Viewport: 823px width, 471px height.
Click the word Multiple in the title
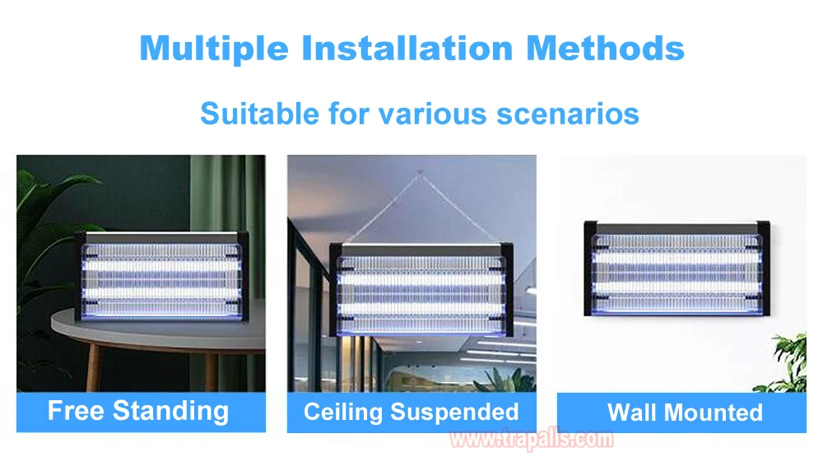tap(214, 49)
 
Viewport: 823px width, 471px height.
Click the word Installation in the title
tap(407, 49)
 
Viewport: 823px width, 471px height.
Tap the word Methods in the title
tap(605, 49)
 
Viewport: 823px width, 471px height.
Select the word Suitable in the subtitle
tap(260, 114)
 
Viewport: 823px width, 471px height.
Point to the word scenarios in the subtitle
tap(567, 114)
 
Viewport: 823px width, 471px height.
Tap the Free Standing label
tap(138, 411)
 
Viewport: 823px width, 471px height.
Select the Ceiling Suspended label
tap(411, 412)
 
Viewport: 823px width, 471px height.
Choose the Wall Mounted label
tap(685, 413)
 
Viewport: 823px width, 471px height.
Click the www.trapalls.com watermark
tap(531, 438)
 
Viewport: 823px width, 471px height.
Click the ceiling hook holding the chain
tap(419, 172)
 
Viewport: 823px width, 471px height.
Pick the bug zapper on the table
tap(161, 276)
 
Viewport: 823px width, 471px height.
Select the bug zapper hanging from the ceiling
tap(421, 289)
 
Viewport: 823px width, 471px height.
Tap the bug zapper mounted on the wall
tap(677, 268)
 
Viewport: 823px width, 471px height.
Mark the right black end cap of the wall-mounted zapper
tap(763, 268)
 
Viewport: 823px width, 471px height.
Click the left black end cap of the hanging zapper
tap(336, 289)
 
